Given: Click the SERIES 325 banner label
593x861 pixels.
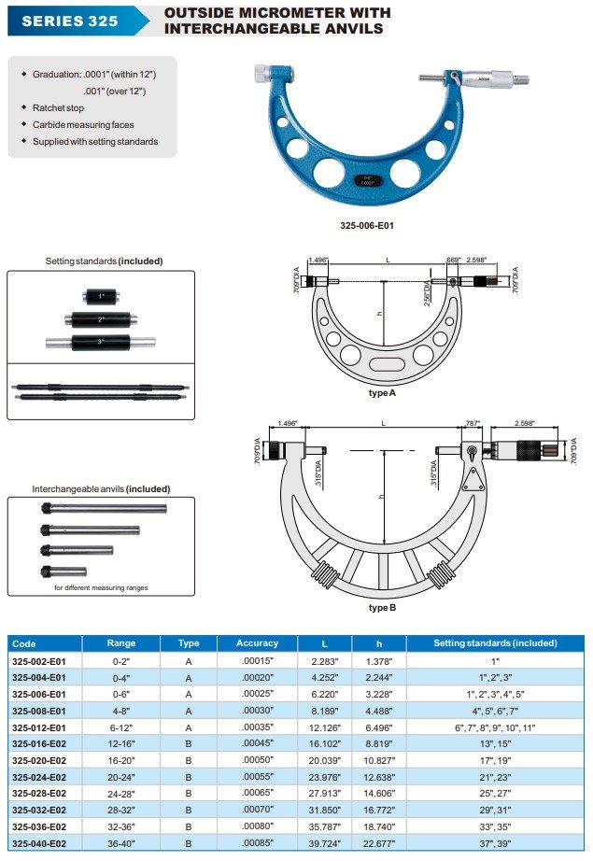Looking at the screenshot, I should [70, 21].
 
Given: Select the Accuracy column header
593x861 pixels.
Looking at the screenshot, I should [257, 643].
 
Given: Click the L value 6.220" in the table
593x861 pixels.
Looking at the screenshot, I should [324, 694].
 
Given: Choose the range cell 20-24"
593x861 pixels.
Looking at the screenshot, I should [121, 778].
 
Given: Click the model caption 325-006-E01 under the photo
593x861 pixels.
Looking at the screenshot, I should [367, 225].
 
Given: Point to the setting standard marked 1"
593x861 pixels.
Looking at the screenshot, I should [101, 297].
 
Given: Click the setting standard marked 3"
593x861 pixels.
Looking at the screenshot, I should [101, 341].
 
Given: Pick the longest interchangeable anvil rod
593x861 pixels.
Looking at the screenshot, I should [105, 509].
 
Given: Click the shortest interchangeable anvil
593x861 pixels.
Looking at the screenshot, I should [64, 571].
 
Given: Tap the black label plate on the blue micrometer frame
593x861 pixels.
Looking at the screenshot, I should [367, 179].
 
